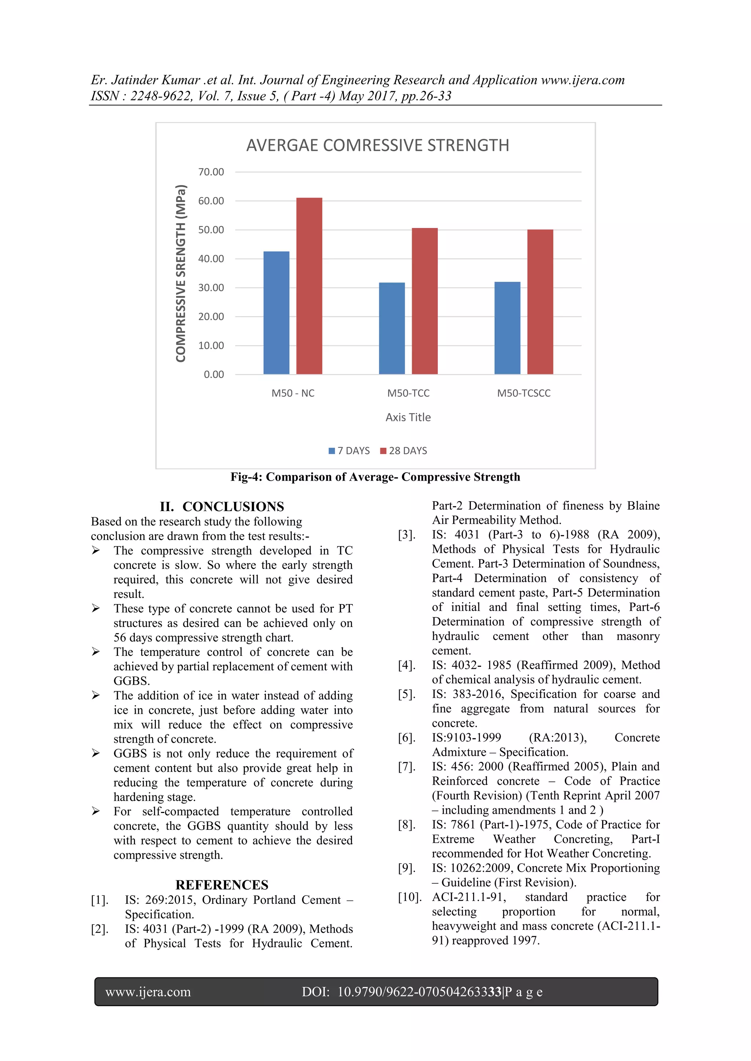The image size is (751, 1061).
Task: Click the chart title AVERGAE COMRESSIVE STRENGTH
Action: click(377, 145)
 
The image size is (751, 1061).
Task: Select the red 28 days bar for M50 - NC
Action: click(309, 286)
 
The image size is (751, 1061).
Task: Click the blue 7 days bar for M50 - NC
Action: click(276, 313)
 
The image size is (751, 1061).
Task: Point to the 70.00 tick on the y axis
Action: click(211, 172)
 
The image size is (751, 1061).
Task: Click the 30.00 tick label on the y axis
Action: click(211, 288)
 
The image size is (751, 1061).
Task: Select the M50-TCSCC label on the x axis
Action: click(524, 393)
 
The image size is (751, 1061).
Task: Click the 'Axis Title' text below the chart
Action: click(408, 417)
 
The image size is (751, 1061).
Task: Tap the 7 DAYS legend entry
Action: click(349, 451)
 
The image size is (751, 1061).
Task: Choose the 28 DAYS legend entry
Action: click(403, 451)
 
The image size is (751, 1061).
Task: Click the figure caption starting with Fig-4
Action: click(375, 477)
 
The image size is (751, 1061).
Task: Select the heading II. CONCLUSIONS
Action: click(222, 506)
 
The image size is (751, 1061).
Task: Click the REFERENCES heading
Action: click(221, 884)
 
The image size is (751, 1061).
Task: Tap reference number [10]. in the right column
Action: click(410, 897)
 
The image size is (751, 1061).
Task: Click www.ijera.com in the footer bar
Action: click(148, 992)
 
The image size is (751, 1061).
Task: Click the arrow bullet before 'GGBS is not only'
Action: click(96, 753)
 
